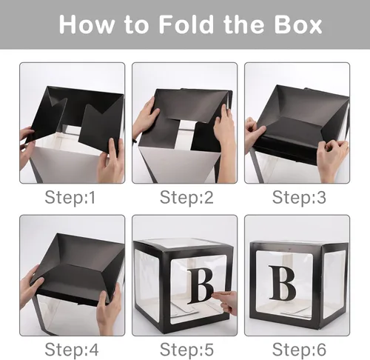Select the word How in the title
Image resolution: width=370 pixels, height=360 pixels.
tap(84, 24)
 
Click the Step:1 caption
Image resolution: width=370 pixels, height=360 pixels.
tap(71, 197)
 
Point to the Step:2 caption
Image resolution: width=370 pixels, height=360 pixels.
tap(184, 197)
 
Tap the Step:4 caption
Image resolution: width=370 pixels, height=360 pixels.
tap(71, 347)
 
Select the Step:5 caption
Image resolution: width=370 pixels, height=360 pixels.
tap(184, 347)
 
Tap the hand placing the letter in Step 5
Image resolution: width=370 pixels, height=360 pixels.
tap(226, 301)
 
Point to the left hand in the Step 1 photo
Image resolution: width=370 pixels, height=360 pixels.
tap(26, 145)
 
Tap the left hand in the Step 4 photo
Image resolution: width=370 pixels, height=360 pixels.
tap(33, 285)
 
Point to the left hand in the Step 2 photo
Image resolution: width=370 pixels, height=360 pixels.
tap(144, 119)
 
